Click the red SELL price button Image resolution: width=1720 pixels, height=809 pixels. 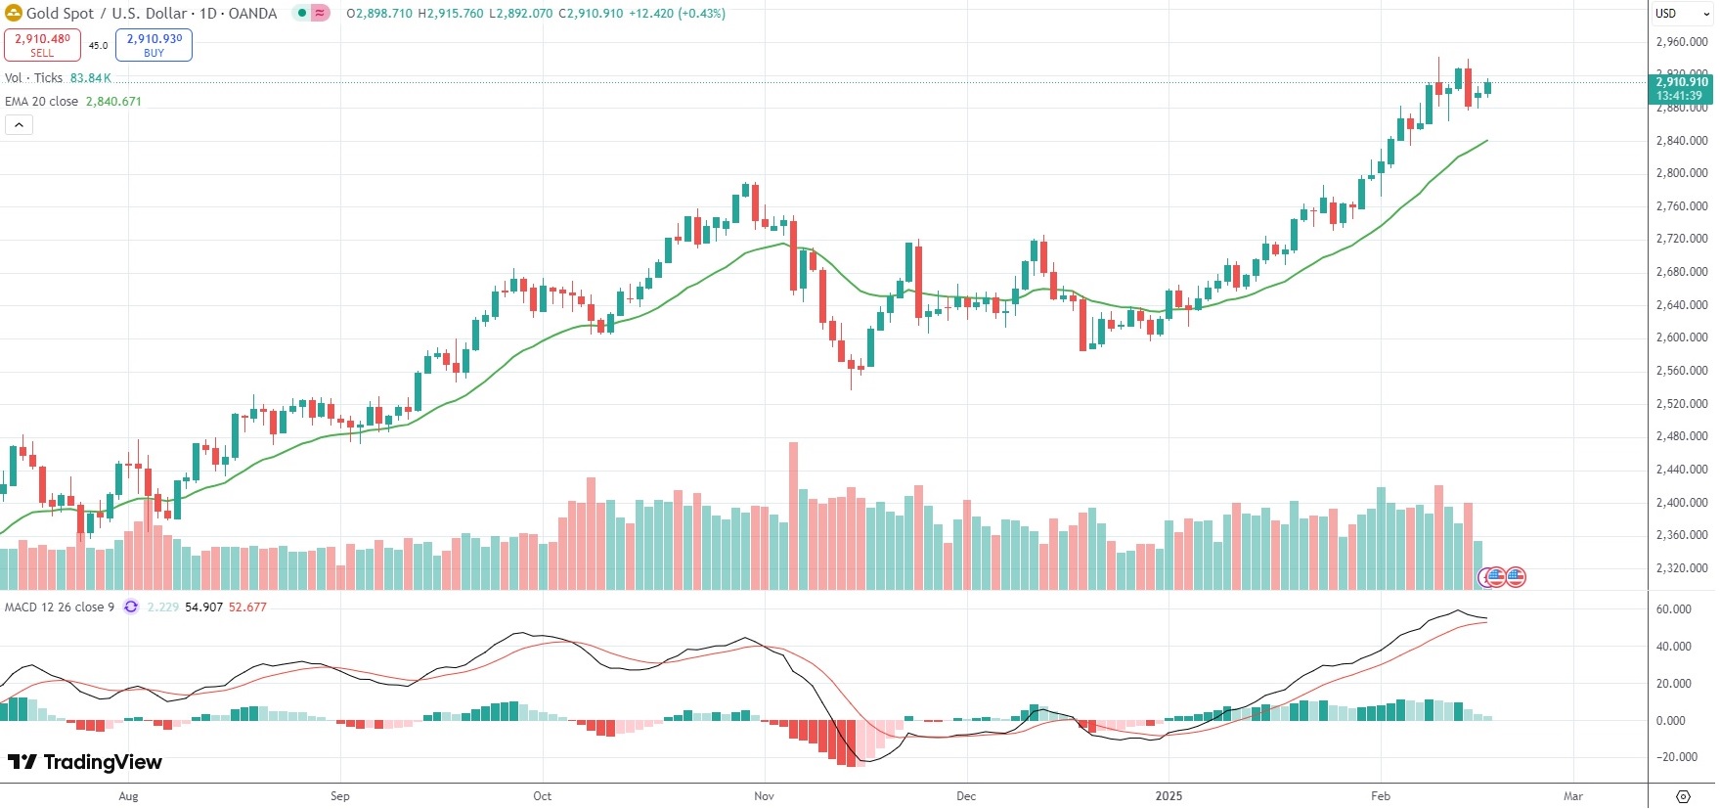42,45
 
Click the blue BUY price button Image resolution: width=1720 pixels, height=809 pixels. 154,45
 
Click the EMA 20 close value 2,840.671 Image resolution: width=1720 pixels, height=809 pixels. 113,102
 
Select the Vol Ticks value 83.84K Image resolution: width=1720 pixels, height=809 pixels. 90,78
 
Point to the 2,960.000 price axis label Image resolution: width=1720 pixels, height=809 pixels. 1681,42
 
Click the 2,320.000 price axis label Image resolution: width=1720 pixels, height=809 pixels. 1681,568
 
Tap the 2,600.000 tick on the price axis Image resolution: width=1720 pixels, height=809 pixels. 1681,337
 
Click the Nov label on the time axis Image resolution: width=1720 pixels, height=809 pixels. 764,796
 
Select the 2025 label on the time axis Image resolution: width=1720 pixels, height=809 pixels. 1169,796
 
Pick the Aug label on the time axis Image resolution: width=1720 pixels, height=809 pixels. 128,796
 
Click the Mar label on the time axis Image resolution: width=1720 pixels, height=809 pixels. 1572,796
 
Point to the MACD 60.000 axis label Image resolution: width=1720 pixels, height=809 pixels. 1673,609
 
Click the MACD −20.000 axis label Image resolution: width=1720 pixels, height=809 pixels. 1673,757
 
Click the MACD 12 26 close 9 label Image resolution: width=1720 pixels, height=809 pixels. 59,607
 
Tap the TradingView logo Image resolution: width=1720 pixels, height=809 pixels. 85,762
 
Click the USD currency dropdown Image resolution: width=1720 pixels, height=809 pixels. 1681,14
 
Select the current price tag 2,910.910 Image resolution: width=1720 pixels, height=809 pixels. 1681,88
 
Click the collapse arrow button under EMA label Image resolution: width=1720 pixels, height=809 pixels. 19,125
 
